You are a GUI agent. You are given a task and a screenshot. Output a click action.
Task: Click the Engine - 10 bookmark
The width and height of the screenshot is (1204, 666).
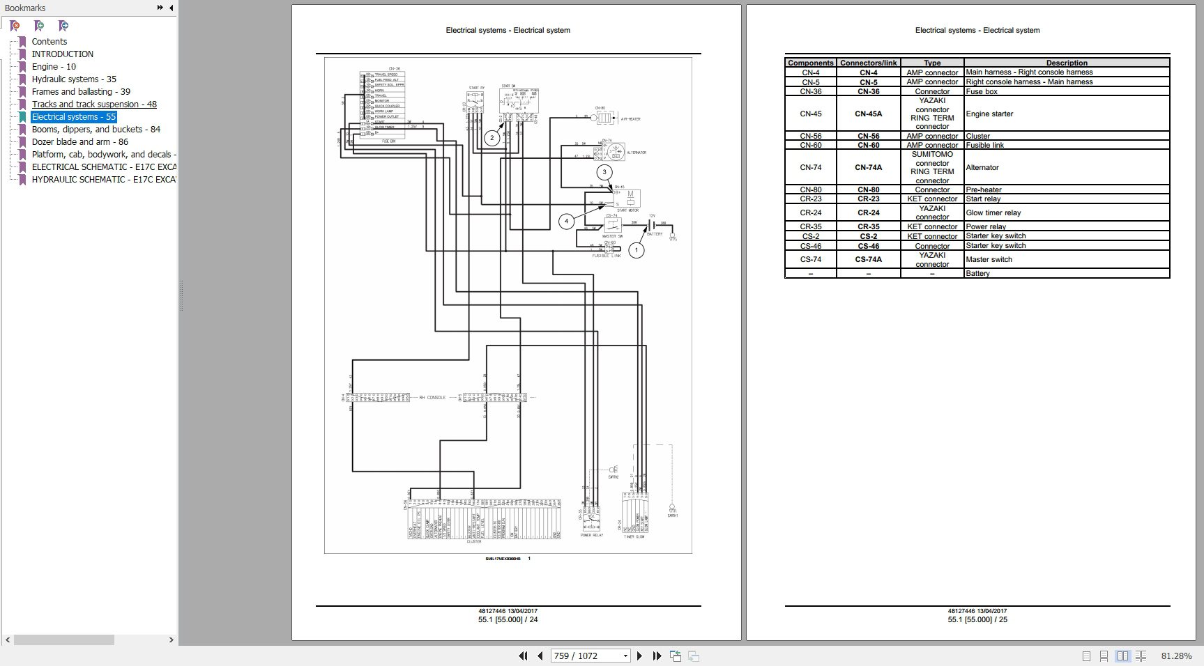pyautogui.click(x=54, y=67)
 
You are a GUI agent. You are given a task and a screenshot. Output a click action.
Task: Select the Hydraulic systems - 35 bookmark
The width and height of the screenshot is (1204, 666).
pyautogui.click(x=74, y=79)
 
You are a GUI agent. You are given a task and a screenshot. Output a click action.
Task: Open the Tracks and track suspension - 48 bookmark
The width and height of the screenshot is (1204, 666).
pyautogui.click(x=94, y=104)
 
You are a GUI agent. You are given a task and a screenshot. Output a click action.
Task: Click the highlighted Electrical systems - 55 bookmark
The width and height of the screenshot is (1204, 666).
pyautogui.click(x=74, y=117)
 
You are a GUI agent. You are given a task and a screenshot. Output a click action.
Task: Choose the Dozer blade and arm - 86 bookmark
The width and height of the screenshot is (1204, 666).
pyautogui.click(x=80, y=142)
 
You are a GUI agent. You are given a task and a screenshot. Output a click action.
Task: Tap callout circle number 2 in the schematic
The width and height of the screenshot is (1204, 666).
pyautogui.click(x=492, y=138)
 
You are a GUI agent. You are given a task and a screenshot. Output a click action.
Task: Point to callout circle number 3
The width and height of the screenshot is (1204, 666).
pyautogui.click(x=604, y=172)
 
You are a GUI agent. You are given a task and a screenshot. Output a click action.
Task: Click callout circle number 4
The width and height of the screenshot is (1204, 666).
pyautogui.click(x=566, y=222)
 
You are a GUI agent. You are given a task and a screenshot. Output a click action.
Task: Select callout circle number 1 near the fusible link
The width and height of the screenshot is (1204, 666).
pyautogui.click(x=637, y=250)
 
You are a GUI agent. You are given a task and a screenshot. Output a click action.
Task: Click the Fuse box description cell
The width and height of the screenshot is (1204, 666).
pyautogui.click(x=982, y=91)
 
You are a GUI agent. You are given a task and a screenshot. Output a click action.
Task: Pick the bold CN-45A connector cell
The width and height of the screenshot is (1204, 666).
pyautogui.click(x=869, y=114)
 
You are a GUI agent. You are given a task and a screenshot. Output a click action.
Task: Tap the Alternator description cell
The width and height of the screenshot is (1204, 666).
pyautogui.click(x=982, y=167)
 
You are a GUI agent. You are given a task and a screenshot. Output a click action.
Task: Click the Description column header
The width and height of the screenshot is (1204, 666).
pyautogui.click(x=1066, y=63)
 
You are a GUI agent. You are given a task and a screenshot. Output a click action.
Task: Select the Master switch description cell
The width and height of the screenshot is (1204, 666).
pyautogui.click(x=989, y=259)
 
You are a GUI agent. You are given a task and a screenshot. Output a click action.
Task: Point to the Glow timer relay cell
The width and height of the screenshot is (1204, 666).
pyautogui.click(x=993, y=212)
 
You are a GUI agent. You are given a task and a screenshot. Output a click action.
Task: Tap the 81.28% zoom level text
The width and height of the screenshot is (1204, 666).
pyautogui.click(x=1176, y=656)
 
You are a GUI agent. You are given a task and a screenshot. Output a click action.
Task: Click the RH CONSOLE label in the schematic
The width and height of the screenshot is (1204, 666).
pyautogui.click(x=432, y=398)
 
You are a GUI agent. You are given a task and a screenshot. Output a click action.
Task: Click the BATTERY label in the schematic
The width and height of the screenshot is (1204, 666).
pyautogui.click(x=655, y=234)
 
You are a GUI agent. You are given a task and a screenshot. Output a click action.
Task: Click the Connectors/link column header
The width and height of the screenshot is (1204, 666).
pyautogui.click(x=868, y=63)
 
